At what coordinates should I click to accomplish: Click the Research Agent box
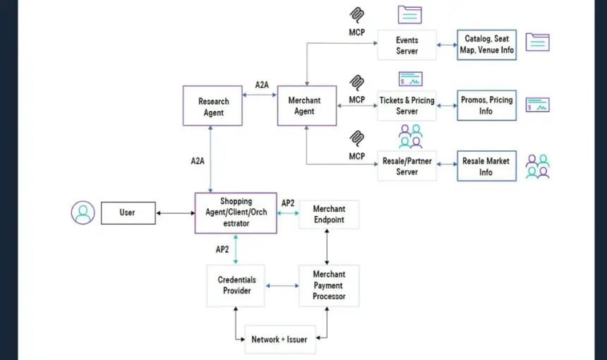pyautogui.click(x=212, y=106)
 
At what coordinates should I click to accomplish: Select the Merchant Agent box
pyautogui.click(x=306, y=106)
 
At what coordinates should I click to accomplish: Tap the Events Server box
pyautogui.click(x=407, y=45)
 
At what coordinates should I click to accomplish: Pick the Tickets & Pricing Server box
pyautogui.click(x=407, y=106)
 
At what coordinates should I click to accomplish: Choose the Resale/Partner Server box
pyautogui.click(x=407, y=166)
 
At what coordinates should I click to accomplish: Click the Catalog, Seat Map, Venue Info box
pyautogui.click(x=486, y=45)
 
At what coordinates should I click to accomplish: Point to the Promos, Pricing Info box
pyautogui.click(x=486, y=106)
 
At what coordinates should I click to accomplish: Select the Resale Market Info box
pyautogui.click(x=486, y=166)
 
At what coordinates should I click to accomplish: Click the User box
pyautogui.click(x=128, y=213)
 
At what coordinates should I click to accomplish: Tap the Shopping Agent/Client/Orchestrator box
pyautogui.click(x=236, y=213)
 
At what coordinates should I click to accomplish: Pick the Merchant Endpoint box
pyautogui.click(x=329, y=215)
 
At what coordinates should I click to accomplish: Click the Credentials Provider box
pyautogui.click(x=236, y=286)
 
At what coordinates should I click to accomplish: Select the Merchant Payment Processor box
pyautogui.click(x=329, y=286)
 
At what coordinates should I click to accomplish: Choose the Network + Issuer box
pyautogui.click(x=280, y=340)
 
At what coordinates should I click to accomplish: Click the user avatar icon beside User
pyautogui.click(x=83, y=212)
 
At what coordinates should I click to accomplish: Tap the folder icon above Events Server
pyautogui.click(x=410, y=15)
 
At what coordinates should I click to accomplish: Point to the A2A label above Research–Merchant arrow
pyautogui.click(x=262, y=85)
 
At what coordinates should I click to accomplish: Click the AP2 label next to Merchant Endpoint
pyautogui.click(x=288, y=203)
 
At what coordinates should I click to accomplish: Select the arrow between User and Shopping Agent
pyautogui.click(x=175, y=213)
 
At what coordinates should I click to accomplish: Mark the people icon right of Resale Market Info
pyautogui.click(x=538, y=167)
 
